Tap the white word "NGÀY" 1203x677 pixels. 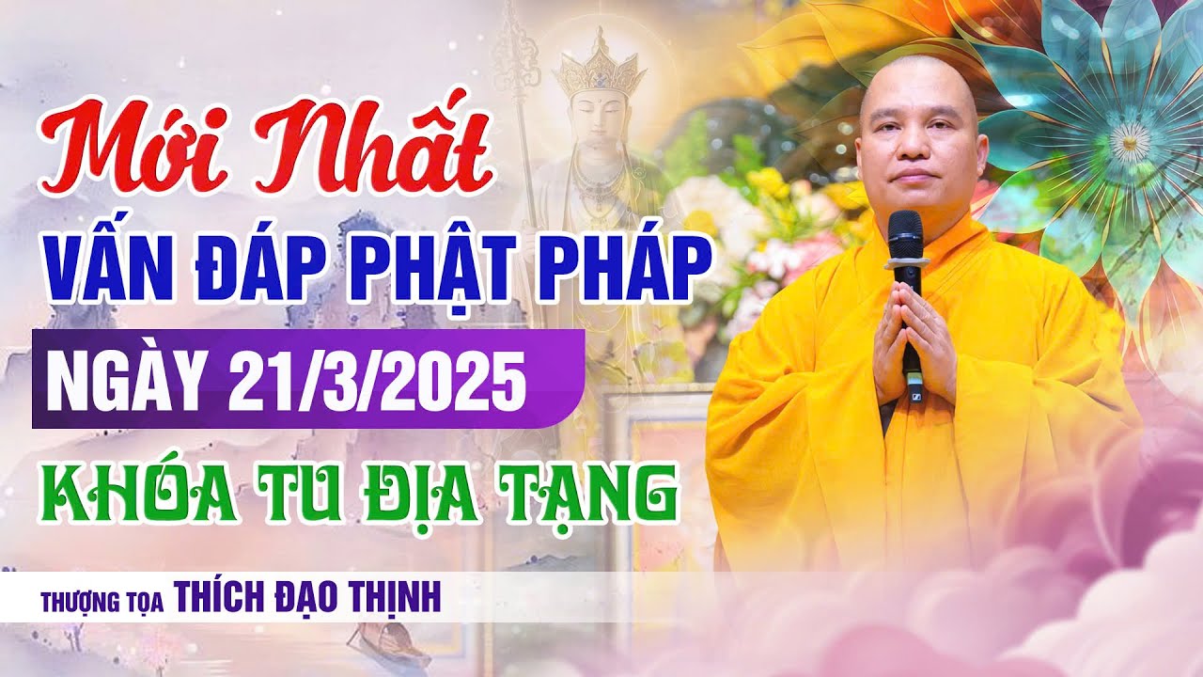click(125, 377)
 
